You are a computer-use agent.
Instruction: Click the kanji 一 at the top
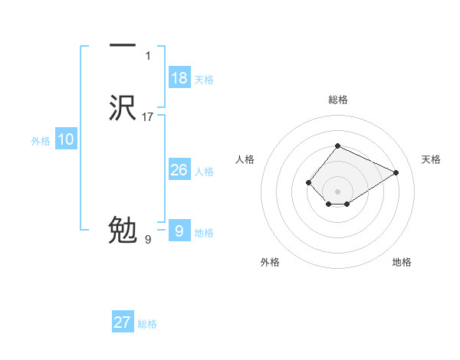click(123, 47)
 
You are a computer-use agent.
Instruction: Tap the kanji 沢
click(123, 107)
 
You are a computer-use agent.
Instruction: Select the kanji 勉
click(123, 230)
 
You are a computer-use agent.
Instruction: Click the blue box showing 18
click(179, 78)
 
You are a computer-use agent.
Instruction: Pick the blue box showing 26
click(179, 170)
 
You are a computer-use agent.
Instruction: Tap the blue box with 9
click(179, 231)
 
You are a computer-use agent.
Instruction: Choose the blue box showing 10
click(66, 139)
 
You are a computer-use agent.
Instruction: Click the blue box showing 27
click(123, 322)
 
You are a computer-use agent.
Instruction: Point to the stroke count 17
click(148, 117)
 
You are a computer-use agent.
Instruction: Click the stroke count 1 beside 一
click(148, 56)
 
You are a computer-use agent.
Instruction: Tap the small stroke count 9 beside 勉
click(148, 240)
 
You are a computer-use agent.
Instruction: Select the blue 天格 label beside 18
click(204, 80)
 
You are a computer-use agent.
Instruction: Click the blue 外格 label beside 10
click(41, 141)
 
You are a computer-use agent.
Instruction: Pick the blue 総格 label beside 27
click(147, 324)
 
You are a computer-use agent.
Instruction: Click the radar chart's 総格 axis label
click(337, 100)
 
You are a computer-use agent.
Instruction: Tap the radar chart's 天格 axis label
click(432, 159)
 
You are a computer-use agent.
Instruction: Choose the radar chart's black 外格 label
click(270, 262)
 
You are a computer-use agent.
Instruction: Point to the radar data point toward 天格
click(396, 172)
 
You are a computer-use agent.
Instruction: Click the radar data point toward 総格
click(337, 146)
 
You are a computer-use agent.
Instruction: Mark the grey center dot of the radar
click(337, 191)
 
